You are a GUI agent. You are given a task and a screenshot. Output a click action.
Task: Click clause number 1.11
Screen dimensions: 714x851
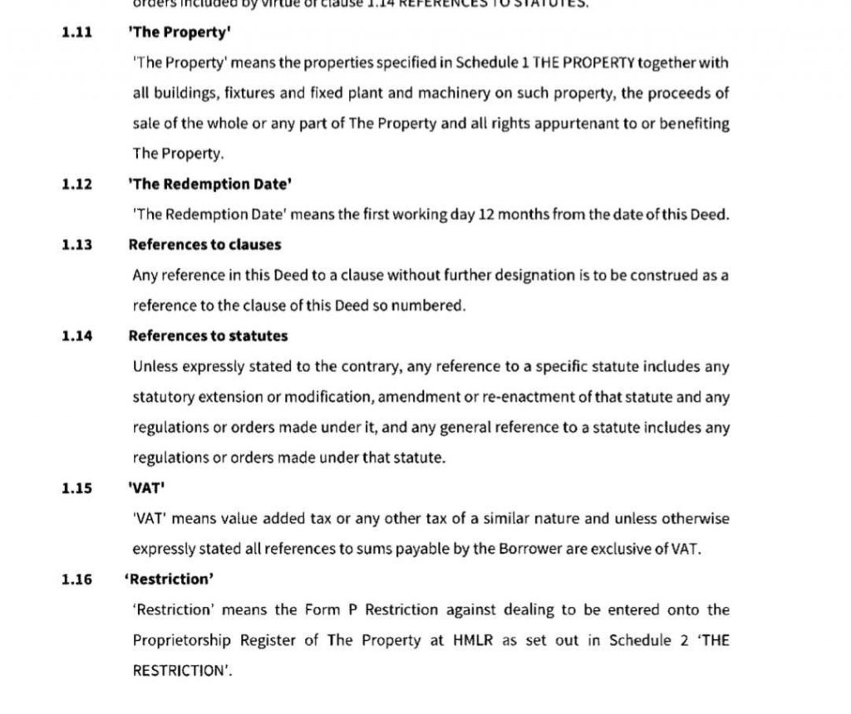click(x=76, y=34)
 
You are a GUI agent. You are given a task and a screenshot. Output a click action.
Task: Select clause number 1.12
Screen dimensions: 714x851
click(x=76, y=183)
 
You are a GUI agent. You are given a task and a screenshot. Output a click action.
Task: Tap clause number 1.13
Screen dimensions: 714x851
click(x=76, y=245)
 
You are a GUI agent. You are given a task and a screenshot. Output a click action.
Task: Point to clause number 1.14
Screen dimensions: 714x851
click(x=76, y=336)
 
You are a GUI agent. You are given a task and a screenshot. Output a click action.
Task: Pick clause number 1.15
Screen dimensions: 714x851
click(x=76, y=488)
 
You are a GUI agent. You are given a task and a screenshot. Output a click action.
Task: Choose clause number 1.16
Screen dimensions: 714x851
click(x=76, y=580)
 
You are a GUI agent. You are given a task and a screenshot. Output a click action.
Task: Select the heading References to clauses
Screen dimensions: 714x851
click(x=204, y=245)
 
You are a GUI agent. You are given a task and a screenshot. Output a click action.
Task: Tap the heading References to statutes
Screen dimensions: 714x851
click(x=208, y=336)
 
